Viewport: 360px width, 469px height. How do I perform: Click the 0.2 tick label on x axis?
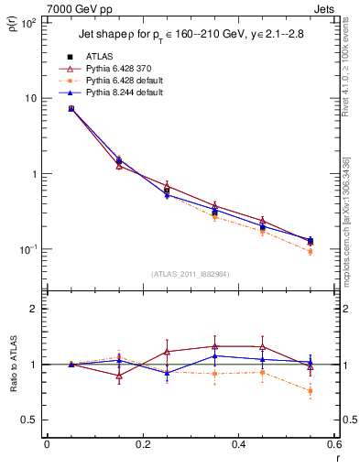point(142,445)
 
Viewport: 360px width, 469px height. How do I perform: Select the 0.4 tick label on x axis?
point(238,445)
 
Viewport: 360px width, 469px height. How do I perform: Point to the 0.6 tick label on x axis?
point(333,445)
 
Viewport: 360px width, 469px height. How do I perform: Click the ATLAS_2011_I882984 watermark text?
point(190,273)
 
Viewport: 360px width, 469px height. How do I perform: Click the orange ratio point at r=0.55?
point(311,391)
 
